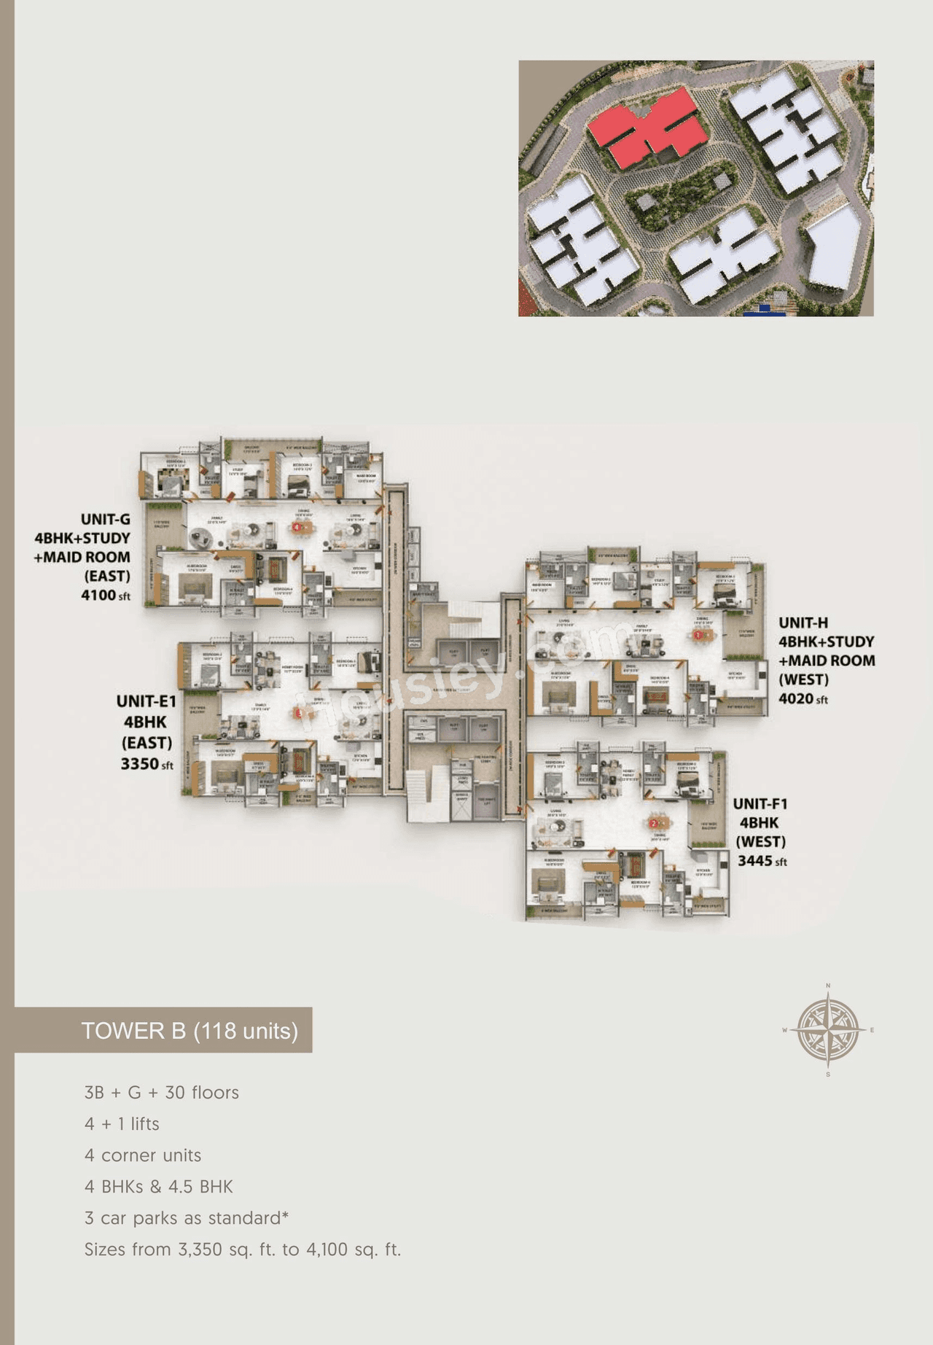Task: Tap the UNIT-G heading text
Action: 105,520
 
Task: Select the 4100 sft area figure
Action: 105,596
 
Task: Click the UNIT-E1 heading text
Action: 146,701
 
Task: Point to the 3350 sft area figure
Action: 147,764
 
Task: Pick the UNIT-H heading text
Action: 803,623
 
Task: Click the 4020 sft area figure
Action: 803,699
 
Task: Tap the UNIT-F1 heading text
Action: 760,804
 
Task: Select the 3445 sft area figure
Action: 762,861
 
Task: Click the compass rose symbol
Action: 828,1030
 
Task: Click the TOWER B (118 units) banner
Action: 189,1031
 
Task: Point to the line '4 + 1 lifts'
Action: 122,1124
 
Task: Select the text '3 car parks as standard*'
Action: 187,1218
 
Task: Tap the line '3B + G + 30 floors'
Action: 161,1093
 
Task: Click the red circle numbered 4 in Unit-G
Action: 297,526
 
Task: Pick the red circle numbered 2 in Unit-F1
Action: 654,824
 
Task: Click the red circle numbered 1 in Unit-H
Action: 698,635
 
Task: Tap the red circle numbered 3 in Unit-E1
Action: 299,714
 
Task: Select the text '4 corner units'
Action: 142,1155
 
